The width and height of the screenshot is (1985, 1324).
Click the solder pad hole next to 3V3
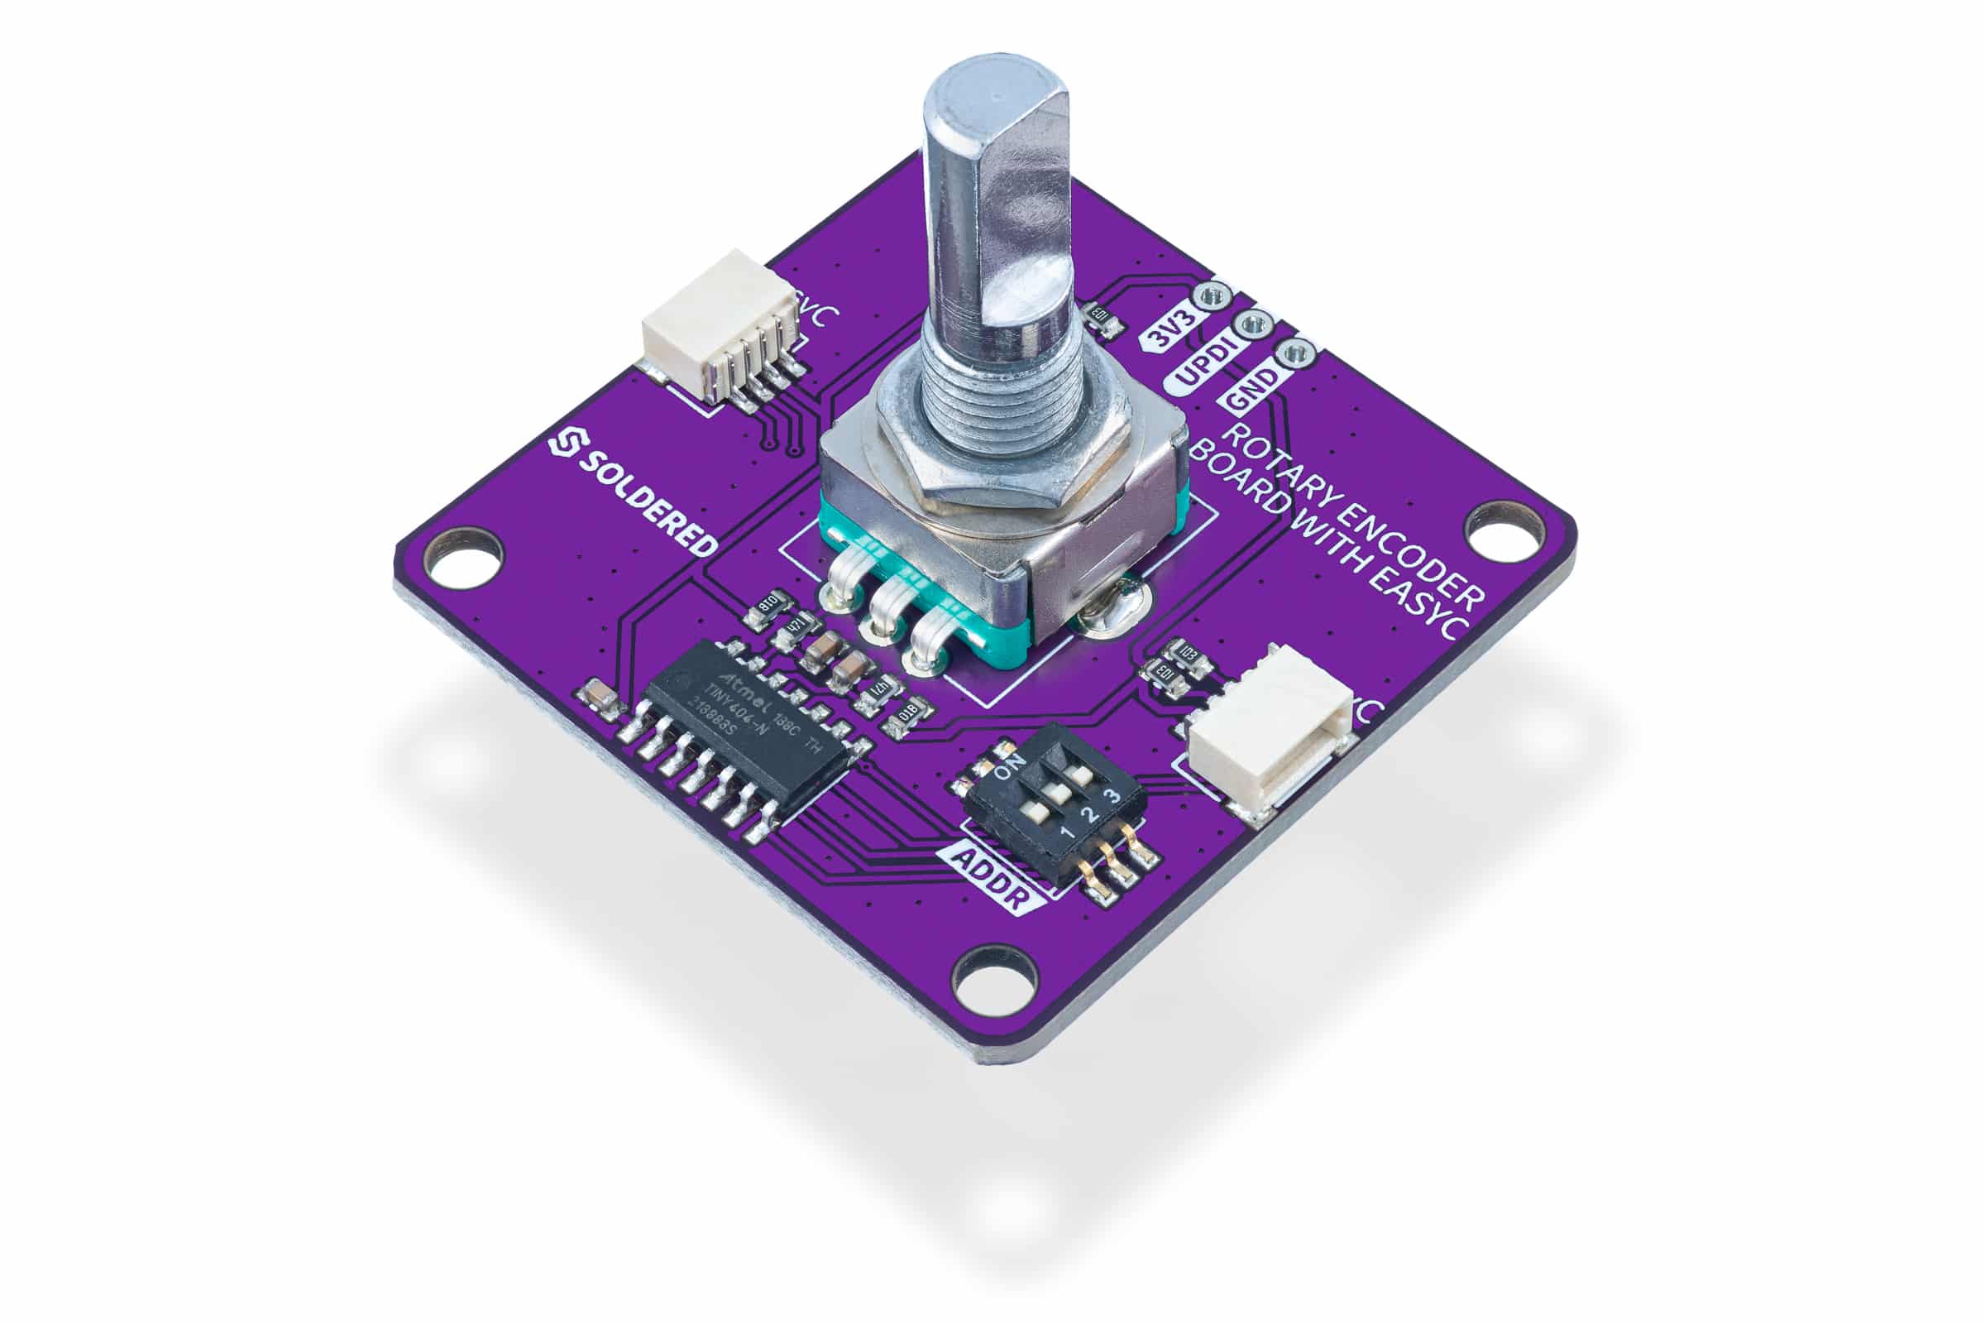[x=1214, y=295]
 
